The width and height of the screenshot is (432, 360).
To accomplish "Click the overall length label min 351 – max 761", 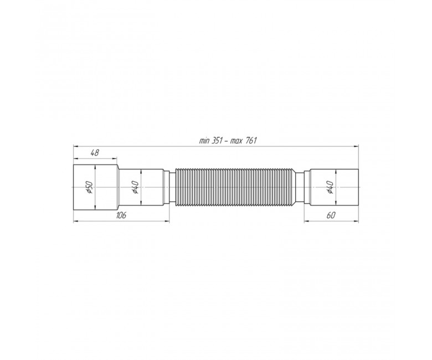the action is pyautogui.click(x=228, y=141).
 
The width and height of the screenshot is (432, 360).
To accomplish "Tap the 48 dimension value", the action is pyautogui.click(x=95, y=153).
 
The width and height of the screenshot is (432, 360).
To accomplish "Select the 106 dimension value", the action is pyautogui.click(x=121, y=215).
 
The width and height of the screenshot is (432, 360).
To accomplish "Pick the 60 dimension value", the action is pyautogui.click(x=331, y=215).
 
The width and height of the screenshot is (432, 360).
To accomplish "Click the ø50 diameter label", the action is pyautogui.click(x=90, y=187).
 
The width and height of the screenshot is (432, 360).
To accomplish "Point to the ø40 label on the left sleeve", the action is pyautogui.click(x=136, y=187).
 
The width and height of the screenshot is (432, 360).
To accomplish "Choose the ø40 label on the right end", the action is pyautogui.click(x=330, y=187).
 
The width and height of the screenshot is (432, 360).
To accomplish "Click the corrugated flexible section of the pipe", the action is pyautogui.click(x=235, y=187).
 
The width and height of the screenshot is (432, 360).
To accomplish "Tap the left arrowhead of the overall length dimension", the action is pyautogui.click(x=75, y=147).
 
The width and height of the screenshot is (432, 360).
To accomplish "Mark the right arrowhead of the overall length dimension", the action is pyautogui.click(x=356, y=147).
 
